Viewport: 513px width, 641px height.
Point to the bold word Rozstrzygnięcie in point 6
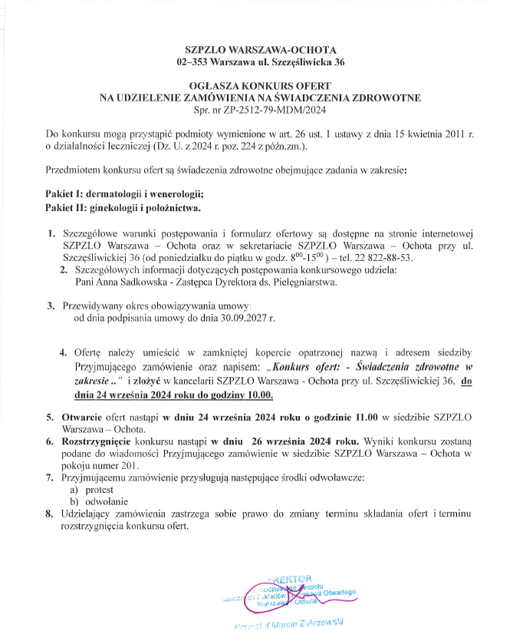point(97,442)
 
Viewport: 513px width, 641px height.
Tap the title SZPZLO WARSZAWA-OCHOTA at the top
point(255,48)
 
